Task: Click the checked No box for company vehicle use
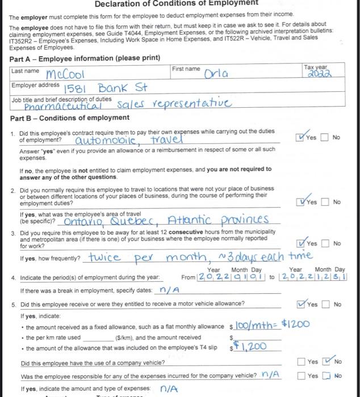pyautogui.click(x=328, y=361)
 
